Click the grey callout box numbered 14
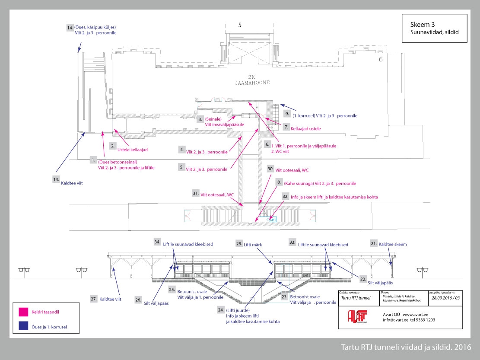pos(70,28)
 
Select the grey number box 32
pos(285,196)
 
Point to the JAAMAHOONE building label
pos(252,82)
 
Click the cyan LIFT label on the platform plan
pos(273,220)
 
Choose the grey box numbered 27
pos(93,299)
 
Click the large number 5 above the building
pos(240,25)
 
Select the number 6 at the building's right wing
pos(381,59)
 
